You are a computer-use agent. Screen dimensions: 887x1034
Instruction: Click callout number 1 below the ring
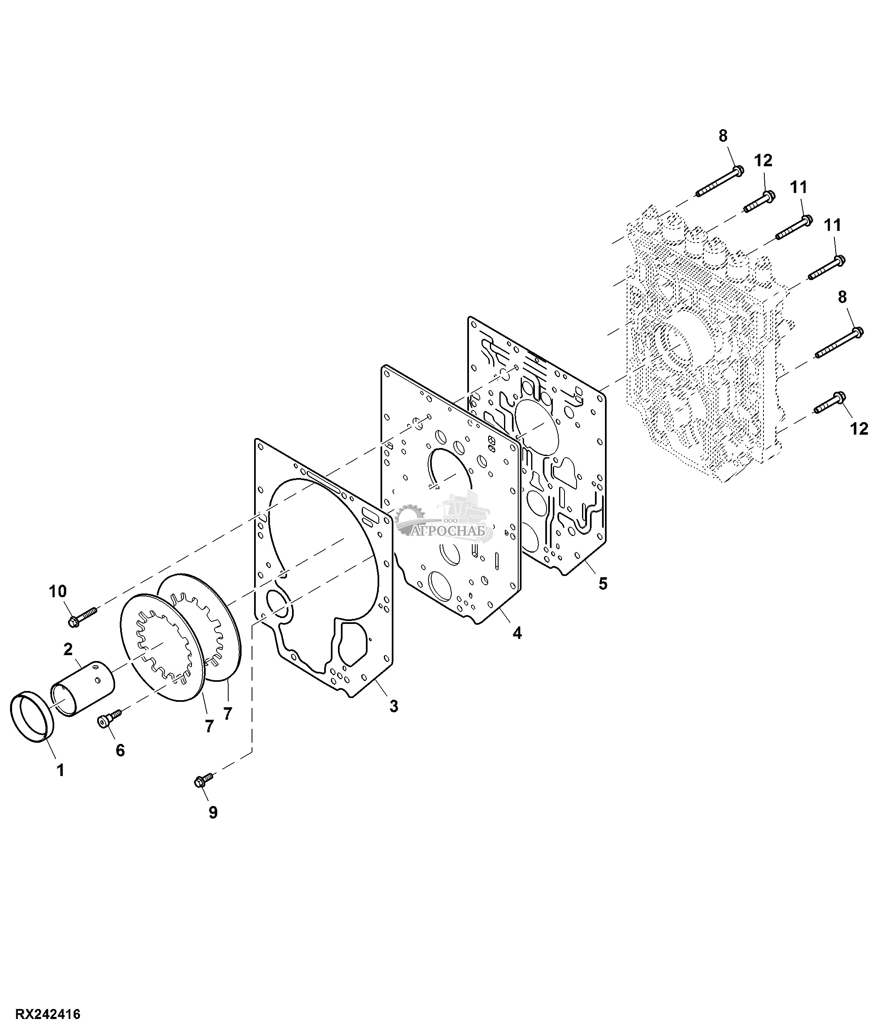(60, 770)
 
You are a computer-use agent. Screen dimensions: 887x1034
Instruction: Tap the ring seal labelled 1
(32, 718)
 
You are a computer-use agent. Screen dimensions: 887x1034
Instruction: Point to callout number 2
(68, 649)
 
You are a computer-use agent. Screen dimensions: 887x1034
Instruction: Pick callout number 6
(120, 750)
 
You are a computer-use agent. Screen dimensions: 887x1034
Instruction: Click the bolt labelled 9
(204, 779)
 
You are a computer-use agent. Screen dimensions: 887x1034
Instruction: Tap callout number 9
(213, 812)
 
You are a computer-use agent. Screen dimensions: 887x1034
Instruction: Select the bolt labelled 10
(82, 615)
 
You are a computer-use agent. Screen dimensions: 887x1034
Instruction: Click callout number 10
(58, 591)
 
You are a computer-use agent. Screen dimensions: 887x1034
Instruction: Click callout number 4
(517, 633)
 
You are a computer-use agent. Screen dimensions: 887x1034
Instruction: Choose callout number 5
(603, 583)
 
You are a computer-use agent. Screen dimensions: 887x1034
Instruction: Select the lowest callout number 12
(859, 429)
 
